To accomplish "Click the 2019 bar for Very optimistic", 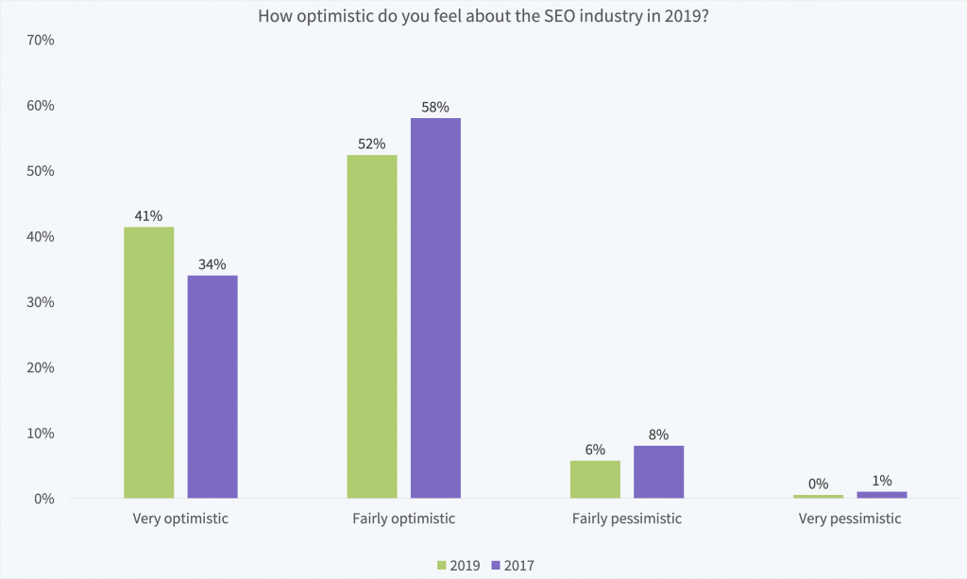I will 148,362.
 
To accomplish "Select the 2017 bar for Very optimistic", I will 212,386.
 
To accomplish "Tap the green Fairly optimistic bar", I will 372,326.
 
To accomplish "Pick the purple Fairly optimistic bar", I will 435,308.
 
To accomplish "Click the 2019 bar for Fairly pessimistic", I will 595,479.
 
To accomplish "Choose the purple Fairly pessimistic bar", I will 658,471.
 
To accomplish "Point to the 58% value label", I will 435,108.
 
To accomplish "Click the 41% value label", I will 148,216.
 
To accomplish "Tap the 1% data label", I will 882,481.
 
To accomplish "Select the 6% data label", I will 595,450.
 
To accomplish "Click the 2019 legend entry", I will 459,566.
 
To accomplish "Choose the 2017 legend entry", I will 513,566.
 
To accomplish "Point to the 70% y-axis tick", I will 41,41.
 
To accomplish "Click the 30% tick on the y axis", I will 41,302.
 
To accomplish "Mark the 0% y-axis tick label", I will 44,499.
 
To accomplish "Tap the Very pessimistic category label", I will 850,519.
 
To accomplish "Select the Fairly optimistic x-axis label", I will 403,519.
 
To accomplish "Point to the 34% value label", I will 212,264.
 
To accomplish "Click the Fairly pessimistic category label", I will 626,519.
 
